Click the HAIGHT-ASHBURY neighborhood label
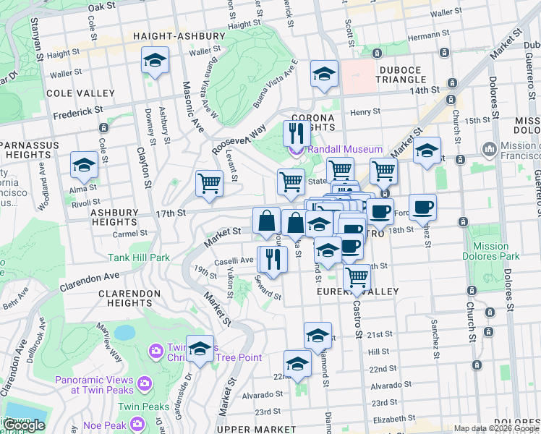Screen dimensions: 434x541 tap(170, 35)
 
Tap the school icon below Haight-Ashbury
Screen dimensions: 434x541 tap(155, 61)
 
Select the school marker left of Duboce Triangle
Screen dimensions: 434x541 tap(324, 74)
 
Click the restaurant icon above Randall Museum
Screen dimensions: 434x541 tap(296, 133)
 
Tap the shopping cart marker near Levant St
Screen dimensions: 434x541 tap(209, 183)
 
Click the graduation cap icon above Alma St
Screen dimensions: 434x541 tap(85, 165)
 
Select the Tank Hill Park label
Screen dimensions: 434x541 tap(139, 257)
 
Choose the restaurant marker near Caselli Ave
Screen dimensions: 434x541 tap(273, 259)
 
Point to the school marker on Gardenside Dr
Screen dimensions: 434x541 tap(200, 349)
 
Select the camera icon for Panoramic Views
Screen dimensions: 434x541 tap(144, 381)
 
